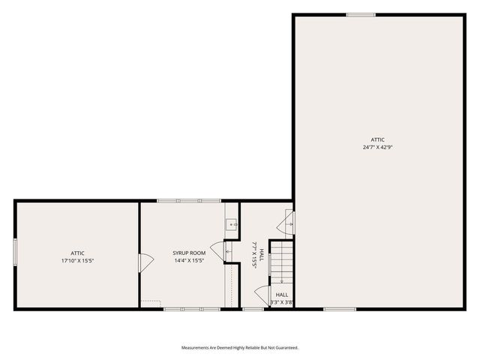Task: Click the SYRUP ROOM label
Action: tap(189, 253)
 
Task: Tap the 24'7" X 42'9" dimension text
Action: tap(378, 148)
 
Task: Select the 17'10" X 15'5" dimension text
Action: tap(77, 261)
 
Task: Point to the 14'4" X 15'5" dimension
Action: tap(189, 261)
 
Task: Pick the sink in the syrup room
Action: tap(232, 223)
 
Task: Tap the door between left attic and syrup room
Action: tap(144, 262)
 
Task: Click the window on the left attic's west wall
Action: tap(15, 250)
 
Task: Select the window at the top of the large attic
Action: tap(361, 14)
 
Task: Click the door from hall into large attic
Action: tap(287, 223)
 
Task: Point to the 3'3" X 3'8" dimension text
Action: tap(281, 302)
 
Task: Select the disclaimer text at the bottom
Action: tap(239, 347)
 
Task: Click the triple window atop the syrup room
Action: tap(189, 201)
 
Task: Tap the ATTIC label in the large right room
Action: tap(378, 139)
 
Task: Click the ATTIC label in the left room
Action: tap(77, 253)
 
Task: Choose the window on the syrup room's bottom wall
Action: tap(191, 309)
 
